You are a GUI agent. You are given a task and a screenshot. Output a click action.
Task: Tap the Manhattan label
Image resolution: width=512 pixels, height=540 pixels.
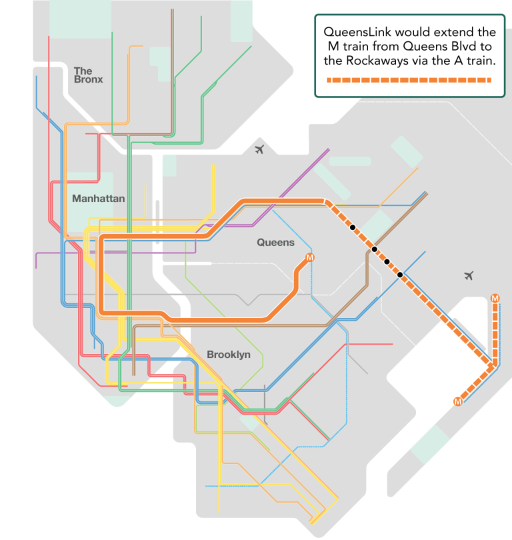pyautogui.click(x=99, y=199)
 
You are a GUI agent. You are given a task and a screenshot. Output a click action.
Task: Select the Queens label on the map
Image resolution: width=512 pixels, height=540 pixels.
pyautogui.click(x=275, y=243)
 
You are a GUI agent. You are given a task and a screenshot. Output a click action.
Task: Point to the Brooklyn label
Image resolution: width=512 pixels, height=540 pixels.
pyautogui.click(x=229, y=355)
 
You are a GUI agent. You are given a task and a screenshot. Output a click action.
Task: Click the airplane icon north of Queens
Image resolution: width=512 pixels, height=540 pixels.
pyautogui.click(x=259, y=149)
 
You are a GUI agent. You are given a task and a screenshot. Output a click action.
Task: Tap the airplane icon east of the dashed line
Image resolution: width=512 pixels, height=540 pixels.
pyautogui.click(x=469, y=275)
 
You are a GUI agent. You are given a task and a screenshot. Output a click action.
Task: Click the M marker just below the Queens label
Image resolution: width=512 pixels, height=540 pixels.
pyautogui.click(x=309, y=258)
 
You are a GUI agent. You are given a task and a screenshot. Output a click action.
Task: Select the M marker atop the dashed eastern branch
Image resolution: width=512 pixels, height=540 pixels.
pyautogui.click(x=495, y=298)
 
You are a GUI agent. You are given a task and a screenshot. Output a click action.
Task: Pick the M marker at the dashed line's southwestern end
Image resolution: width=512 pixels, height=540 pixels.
pyautogui.click(x=457, y=401)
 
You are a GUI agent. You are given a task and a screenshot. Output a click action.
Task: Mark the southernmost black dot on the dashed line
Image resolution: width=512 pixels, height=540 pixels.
pyautogui.click(x=400, y=274)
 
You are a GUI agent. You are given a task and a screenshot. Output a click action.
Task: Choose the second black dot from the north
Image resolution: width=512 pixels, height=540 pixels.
pyautogui.click(x=375, y=249)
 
